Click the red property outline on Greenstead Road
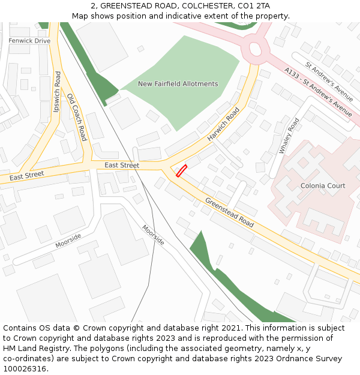tap(181, 171)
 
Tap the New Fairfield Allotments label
tap(178, 84)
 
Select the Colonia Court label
tap(323, 186)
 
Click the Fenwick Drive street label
tap(29, 41)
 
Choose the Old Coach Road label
tap(77, 117)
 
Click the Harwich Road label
tap(223, 124)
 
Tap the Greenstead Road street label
tap(229, 212)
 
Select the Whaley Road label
tap(289, 136)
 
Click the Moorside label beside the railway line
tap(153, 235)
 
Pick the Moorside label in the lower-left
tap(68, 241)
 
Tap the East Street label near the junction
tap(121, 165)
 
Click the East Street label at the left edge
tap(26, 175)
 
